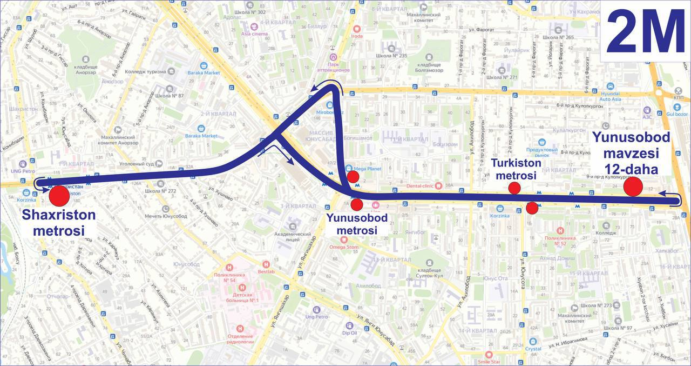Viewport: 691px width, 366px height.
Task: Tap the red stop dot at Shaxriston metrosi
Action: (59, 195)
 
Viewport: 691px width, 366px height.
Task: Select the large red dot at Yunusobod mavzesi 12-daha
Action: (633, 187)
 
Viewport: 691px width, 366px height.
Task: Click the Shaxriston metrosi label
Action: (59, 223)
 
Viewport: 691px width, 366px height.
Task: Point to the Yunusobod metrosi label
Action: (356, 224)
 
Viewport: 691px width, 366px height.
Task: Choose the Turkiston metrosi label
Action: (516, 169)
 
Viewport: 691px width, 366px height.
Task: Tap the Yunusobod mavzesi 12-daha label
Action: (631, 153)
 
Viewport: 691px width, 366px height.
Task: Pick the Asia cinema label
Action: (254, 34)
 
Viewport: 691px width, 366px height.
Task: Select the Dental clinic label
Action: (421, 186)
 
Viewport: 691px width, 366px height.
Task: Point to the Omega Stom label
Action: (344, 247)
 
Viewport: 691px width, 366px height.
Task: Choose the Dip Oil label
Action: (349, 332)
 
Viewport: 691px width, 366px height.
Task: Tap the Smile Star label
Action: (489, 361)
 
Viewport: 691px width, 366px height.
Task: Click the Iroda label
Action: (356, 36)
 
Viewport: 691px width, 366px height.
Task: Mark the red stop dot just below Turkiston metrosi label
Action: (514, 188)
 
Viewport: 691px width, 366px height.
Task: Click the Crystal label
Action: (533, 349)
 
